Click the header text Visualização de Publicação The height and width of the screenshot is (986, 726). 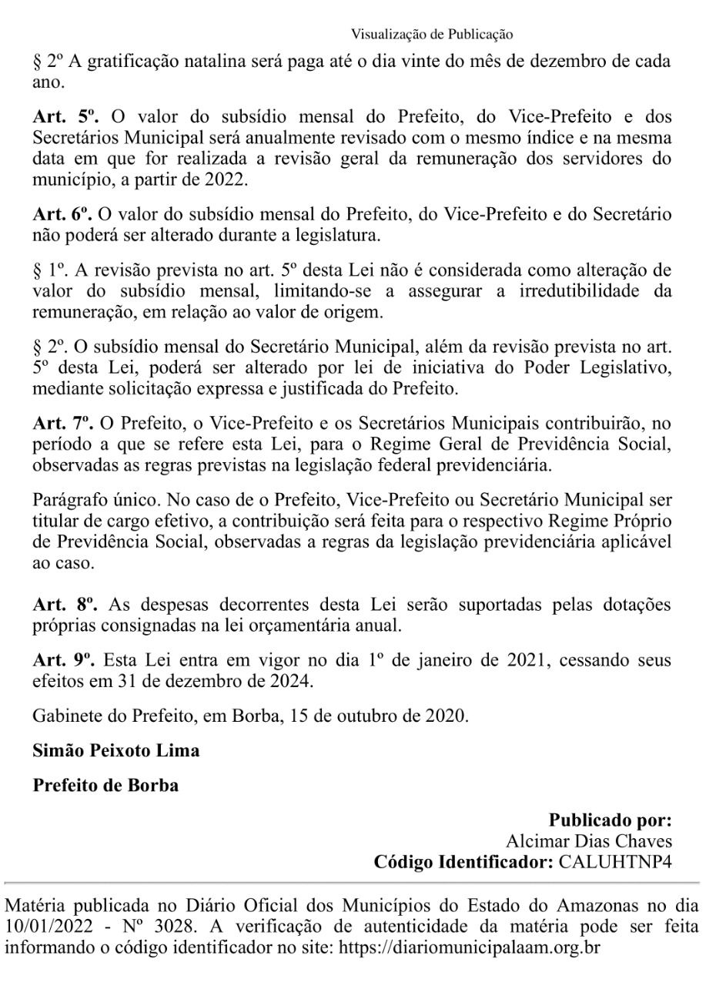coord(432,34)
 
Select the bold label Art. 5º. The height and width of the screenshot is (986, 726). coord(66,117)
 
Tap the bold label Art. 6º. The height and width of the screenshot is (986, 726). coord(62,213)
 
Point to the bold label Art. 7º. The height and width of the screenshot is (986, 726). coord(62,423)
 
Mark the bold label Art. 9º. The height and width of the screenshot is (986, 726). coord(62,660)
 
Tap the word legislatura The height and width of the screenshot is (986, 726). coord(336,234)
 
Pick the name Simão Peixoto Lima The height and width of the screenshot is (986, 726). coord(115,750)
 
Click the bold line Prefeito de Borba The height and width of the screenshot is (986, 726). coord(105,786)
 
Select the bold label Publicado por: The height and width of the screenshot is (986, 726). coord(610,820)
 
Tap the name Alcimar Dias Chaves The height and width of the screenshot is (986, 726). coord(588,841)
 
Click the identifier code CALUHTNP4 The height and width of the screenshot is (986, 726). coord(615,861)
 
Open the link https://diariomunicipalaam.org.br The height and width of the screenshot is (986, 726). coord(469,946)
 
